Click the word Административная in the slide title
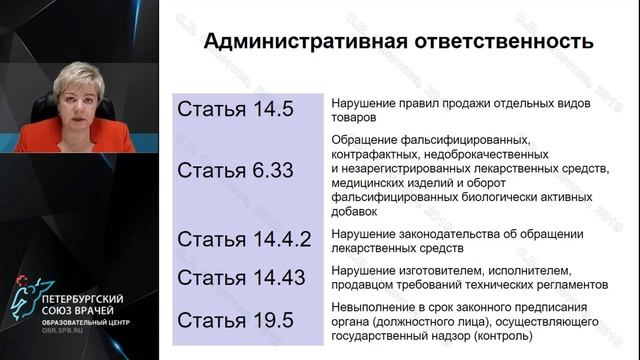pyautogui.click(x=284, y=42)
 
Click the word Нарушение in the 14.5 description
pyautogui.click(x=362, y=103)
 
